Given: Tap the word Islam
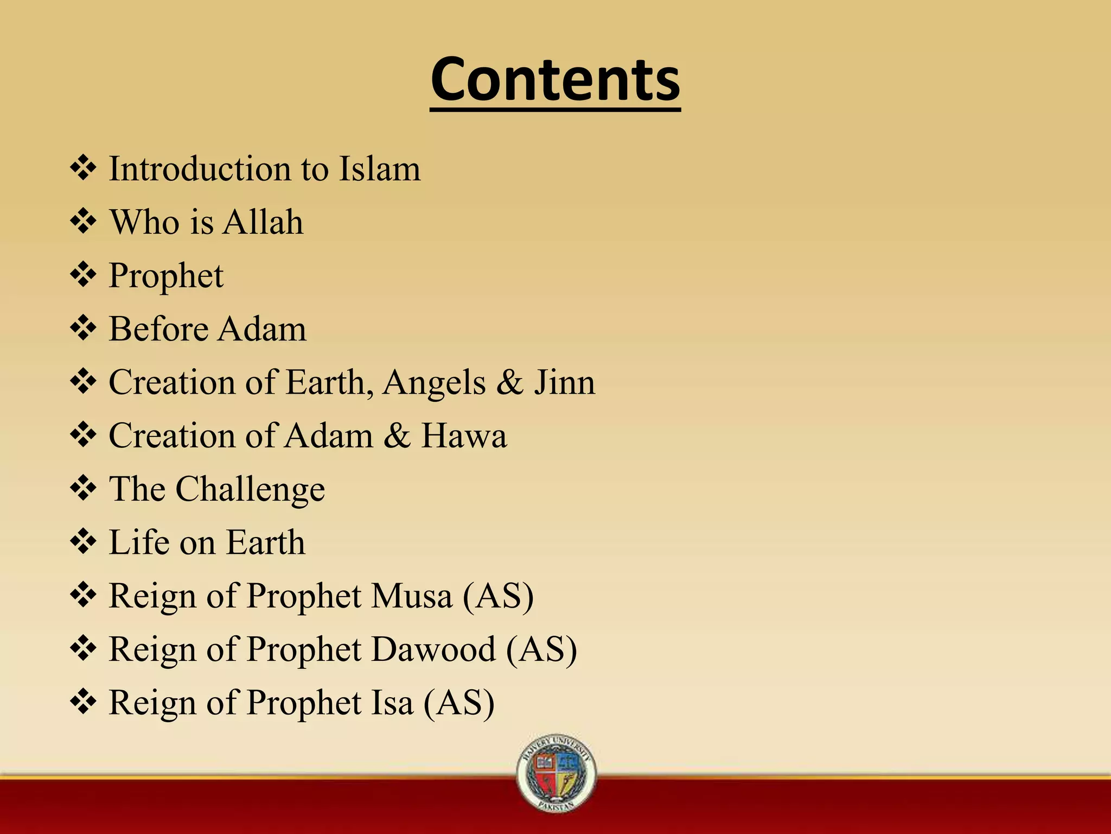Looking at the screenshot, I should tap(379, 169).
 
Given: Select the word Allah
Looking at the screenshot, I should tap(263, 222).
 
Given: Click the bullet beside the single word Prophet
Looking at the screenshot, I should tap(84, 274).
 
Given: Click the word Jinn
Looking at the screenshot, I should tap(565, 382).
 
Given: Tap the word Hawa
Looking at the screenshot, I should tap(464, 435).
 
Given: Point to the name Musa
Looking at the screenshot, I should tap(412, 596).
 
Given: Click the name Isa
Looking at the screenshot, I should tap(391, 703).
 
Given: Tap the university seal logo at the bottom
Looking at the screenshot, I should tap(557, 773).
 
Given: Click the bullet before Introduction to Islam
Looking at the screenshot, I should tap(84, 168).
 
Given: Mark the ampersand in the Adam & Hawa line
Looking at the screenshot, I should tap(398, 435).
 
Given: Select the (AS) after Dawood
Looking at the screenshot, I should tap(541, 649).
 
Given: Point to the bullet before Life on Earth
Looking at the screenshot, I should tap(84, 541).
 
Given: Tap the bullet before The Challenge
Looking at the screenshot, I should tap(84, 488).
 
